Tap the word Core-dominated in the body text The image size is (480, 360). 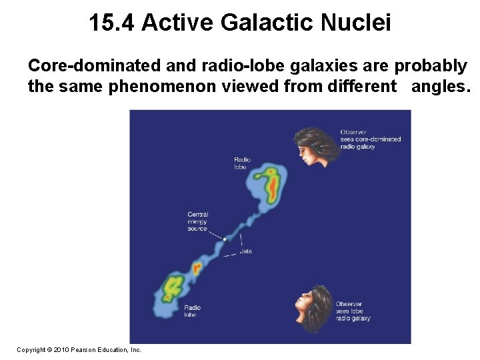[x=91, y=67]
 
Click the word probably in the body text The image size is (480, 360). [x=431, y=67]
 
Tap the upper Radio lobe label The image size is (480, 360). [x=241, y=163]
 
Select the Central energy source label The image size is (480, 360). [x=198, y=221]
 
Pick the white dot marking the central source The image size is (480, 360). [x=225, y=239]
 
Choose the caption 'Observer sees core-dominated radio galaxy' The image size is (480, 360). [x=370, y=139]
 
